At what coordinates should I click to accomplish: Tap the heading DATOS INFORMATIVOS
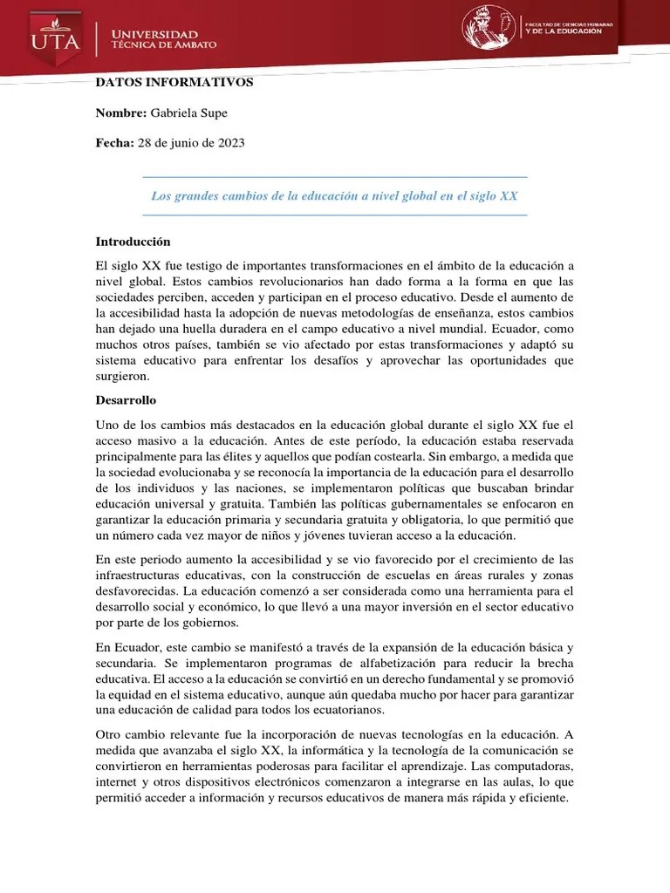174,82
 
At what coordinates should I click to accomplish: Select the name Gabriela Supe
188,113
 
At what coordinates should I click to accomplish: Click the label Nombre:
120,113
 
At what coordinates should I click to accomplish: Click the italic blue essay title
335,196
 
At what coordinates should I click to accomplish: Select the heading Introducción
133,242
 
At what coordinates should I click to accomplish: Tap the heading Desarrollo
126,400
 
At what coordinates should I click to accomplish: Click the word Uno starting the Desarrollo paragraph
106,425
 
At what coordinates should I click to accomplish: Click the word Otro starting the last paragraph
108,735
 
